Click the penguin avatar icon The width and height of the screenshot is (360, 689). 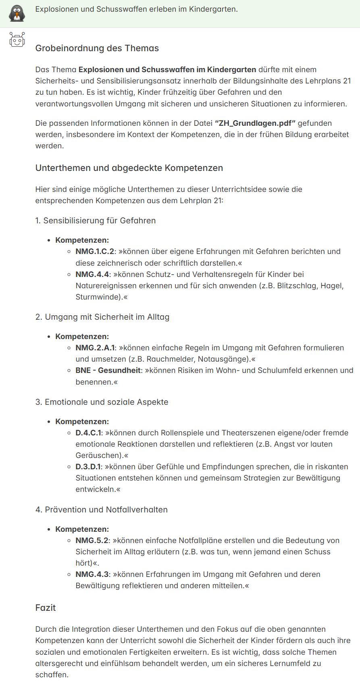tap(17, 13)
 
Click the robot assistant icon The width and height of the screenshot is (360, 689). tap(17, 40)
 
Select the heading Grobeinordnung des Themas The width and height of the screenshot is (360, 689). tap(97, 48)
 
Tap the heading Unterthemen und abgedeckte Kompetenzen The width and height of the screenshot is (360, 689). tap(129, 168)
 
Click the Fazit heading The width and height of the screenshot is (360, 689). tap(46, 608)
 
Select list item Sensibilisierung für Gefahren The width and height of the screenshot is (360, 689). tap(99, 221)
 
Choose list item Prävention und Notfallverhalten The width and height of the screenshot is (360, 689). tap(106, 510)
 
